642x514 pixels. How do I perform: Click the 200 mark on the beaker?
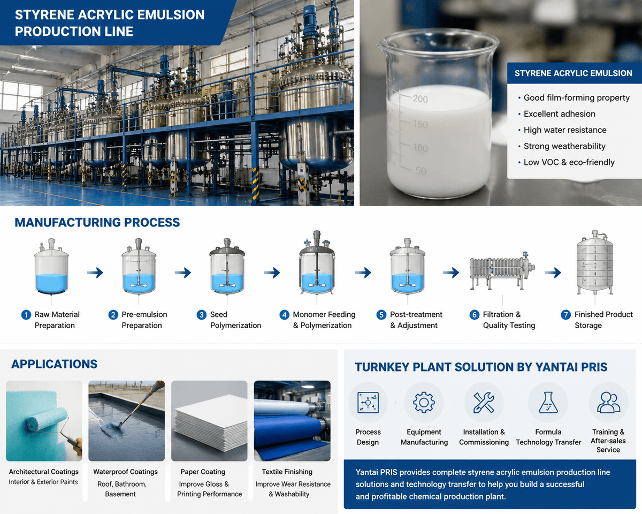420,99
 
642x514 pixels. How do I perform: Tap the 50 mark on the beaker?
421,171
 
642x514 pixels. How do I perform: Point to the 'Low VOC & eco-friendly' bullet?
566,162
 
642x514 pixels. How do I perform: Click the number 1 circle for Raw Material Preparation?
26,314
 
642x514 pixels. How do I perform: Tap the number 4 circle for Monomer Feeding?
284,314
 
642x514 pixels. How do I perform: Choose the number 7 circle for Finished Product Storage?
565,314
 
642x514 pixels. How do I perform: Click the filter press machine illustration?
502,271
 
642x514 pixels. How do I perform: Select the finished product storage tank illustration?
595,262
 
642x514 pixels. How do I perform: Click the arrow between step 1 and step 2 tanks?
95,273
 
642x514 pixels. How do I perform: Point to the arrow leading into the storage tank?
553,273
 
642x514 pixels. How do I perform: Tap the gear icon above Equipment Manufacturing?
424,402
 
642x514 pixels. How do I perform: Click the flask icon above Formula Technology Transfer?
548,402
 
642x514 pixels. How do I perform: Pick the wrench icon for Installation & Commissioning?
484,403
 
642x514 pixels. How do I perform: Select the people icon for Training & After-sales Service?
609,402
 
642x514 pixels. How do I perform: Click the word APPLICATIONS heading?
54,364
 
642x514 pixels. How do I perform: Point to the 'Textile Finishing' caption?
287,472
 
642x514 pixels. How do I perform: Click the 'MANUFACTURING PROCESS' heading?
97,223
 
